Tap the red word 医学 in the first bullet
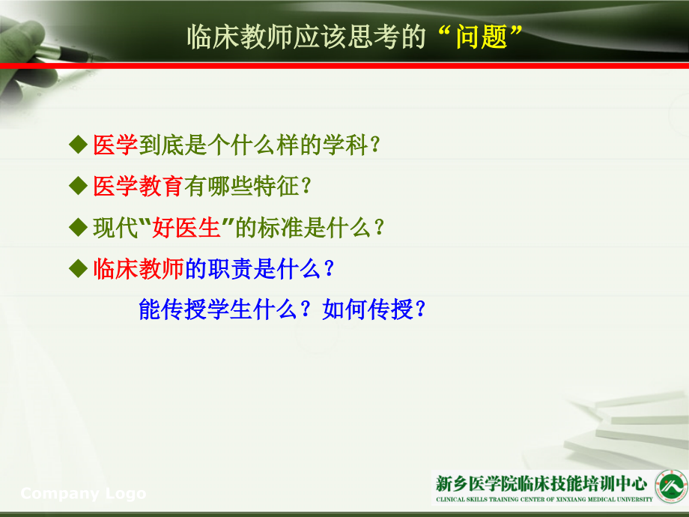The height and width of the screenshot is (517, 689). pyautogui.click(x=115, y=145)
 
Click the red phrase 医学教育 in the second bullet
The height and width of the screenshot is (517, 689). pyautogui.click(x=139, y=187)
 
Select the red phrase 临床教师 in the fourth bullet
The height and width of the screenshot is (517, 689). pyautogui.click(x=139, y=269)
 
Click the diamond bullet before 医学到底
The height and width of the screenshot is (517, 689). pyautogui.click(x=77, y=145)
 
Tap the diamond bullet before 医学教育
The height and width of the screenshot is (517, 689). pyautogui.click(x=77, y=186)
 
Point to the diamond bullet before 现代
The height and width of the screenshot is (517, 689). pyautogui.click(x=77, y=227)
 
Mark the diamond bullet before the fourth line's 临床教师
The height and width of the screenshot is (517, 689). pyautogui.click(x=77, y=268)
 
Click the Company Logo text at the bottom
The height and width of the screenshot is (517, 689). pyautogui.click(x=83, y=494)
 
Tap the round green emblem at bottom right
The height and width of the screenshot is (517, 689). pyautogui.click(x=671, y=486)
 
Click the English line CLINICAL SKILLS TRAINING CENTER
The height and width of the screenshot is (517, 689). pyautogui.click(x=544, y=498)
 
